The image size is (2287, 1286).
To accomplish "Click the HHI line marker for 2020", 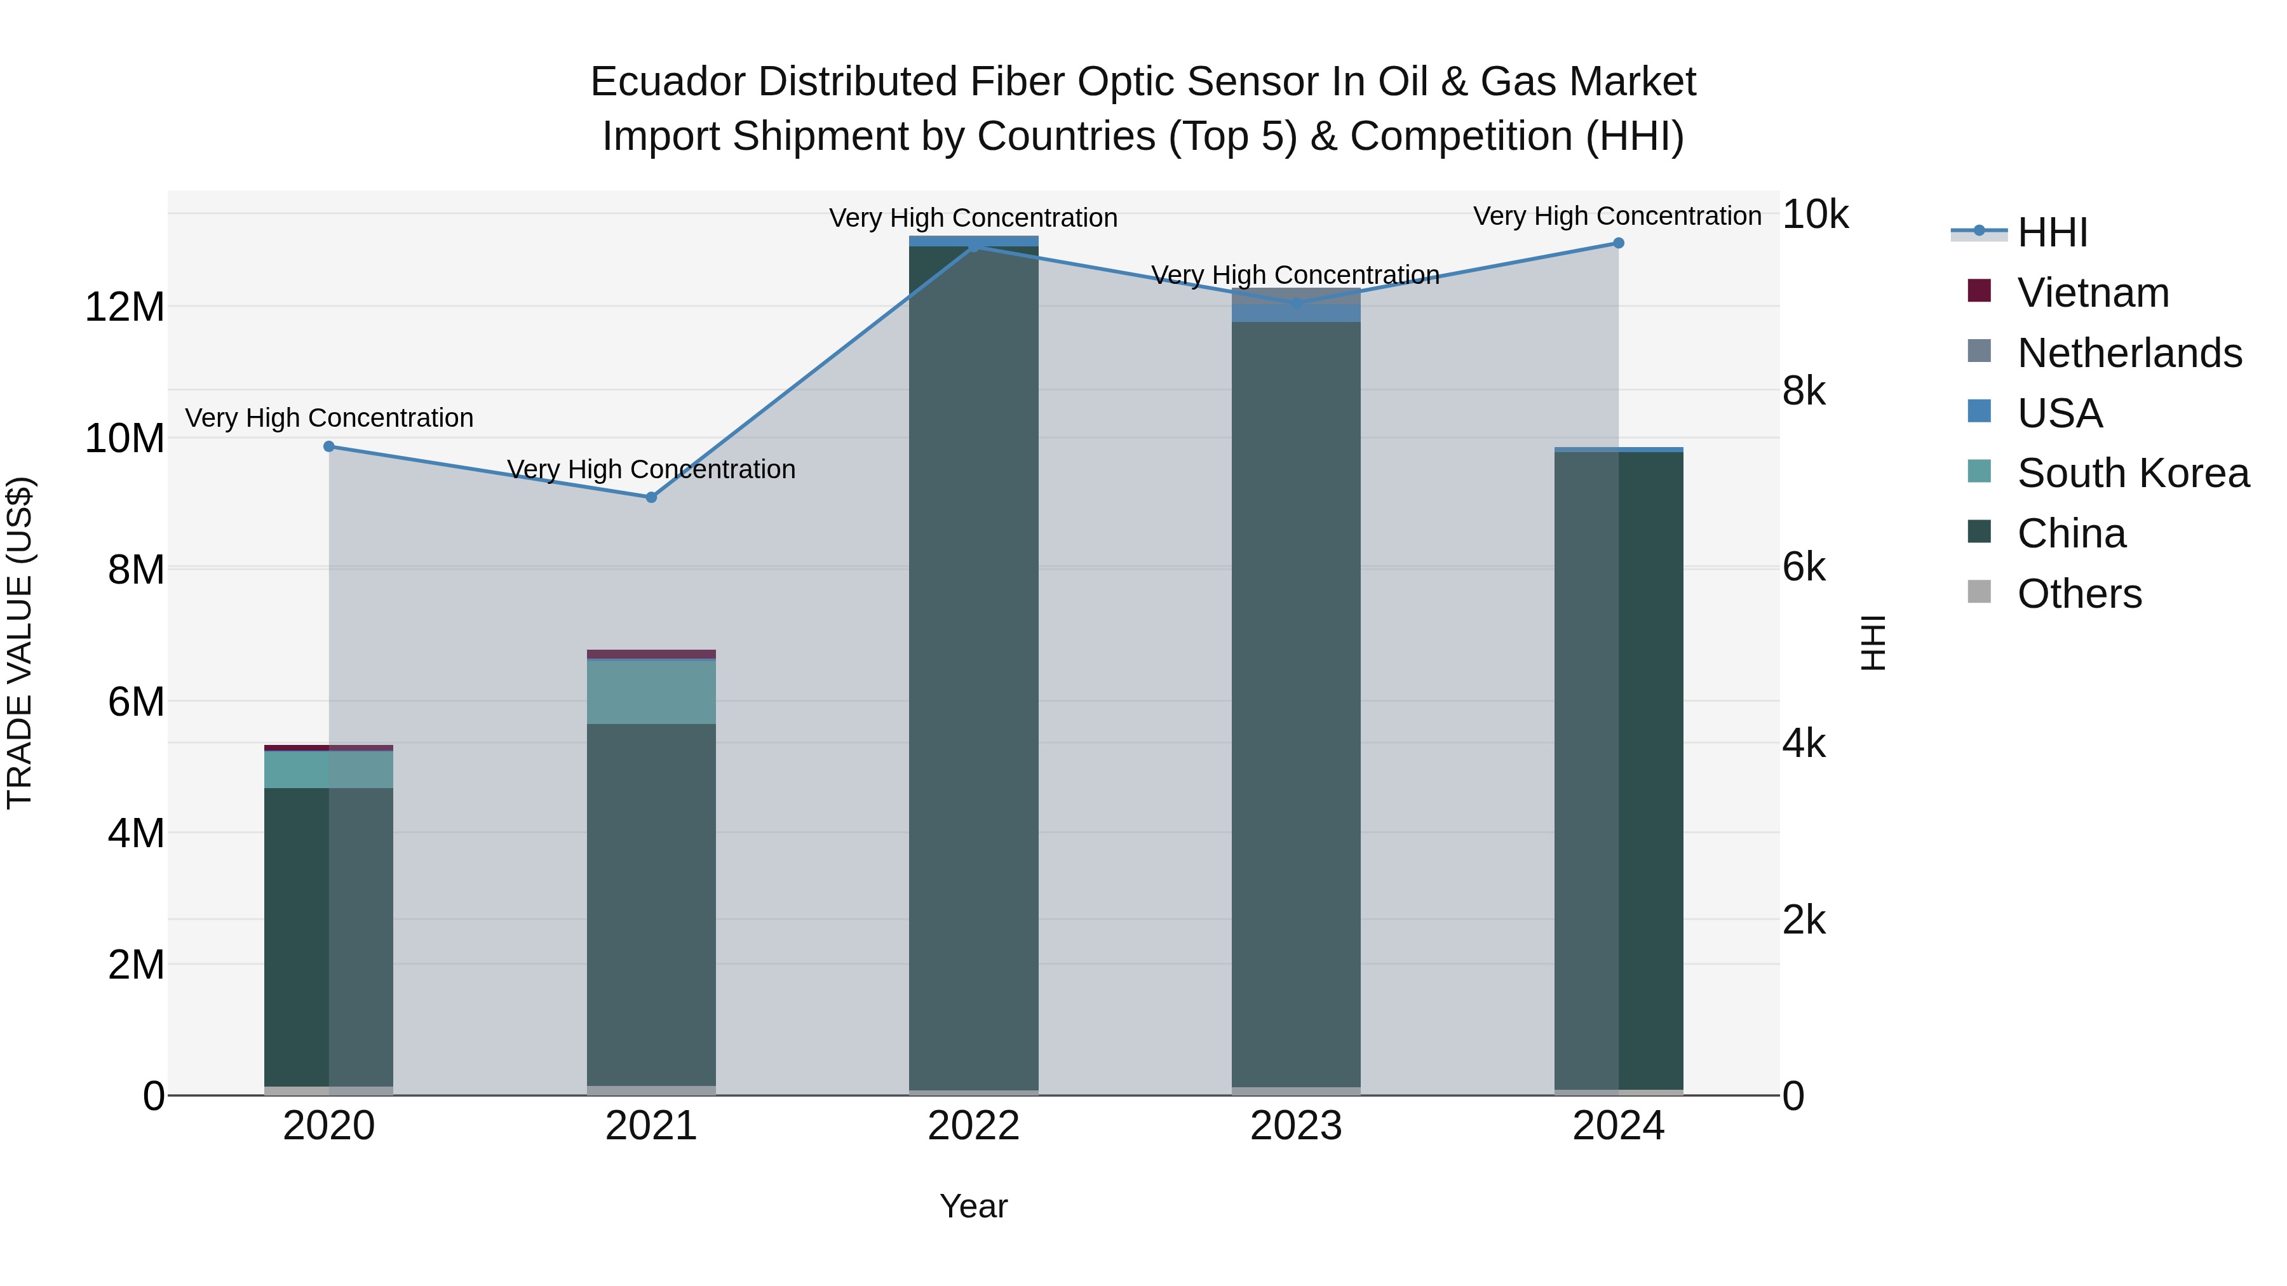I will click(328, 446).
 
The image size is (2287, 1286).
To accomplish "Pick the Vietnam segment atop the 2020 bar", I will click(328, 747).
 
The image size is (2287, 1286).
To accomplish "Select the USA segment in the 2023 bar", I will click(1295, 313).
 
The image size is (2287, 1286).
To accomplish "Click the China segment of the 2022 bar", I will click(973, 666).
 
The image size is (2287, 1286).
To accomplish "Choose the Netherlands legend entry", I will click(2129, 353).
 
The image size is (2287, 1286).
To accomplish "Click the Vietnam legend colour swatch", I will click(1979, 291).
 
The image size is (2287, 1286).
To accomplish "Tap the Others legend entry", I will click(2079, 594).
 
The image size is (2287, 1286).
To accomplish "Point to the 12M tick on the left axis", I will click(125, 307).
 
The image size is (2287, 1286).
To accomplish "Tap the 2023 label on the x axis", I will click(1295, 1126).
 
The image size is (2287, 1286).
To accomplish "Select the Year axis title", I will click(973, 1206).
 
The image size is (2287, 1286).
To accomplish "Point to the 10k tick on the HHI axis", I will click(1815, 215).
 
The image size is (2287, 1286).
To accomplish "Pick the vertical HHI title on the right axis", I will click(1873, 643).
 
